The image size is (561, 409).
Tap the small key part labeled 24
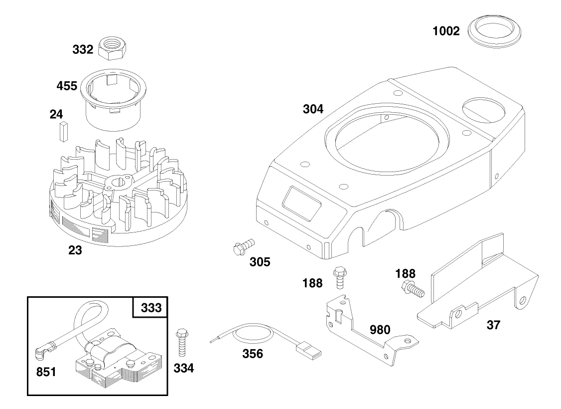click(63, 132)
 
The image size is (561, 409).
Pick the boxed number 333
click(150, 307)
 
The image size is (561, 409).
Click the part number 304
click(313, 109)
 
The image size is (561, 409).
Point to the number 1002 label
click(446, 31)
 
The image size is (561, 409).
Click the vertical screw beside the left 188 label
click(340, 277)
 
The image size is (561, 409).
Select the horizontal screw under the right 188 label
click(413, 289)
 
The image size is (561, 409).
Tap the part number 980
click(380, 330)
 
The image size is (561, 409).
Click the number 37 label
click(493, 325)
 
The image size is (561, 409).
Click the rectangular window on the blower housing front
click(302, 203)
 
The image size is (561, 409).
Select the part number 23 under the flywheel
click(75, 250)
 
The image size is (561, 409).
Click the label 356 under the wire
click(252, 354)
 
